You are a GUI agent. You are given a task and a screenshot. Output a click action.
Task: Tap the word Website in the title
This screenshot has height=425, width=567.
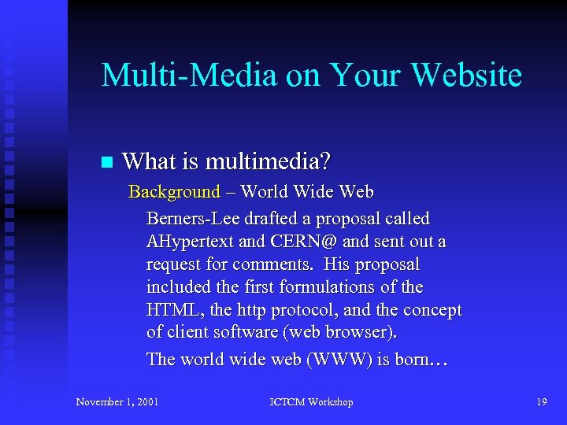[x=466, y=76]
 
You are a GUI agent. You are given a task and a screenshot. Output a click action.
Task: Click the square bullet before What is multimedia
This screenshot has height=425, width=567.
[x=107, y=163]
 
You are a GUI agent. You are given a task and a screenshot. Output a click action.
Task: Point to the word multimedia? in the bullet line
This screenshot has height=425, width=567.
[x=268, y=162]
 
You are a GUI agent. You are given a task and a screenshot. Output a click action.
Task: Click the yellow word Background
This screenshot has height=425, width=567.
[x=174, y=192]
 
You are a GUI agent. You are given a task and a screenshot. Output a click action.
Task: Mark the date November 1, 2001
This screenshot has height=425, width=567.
[x=117, y=402]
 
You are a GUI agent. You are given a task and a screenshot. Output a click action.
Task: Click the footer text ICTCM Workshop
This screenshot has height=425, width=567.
[x=311, y=402]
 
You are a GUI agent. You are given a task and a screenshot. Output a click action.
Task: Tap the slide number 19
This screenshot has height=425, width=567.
[x=541, y=402]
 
